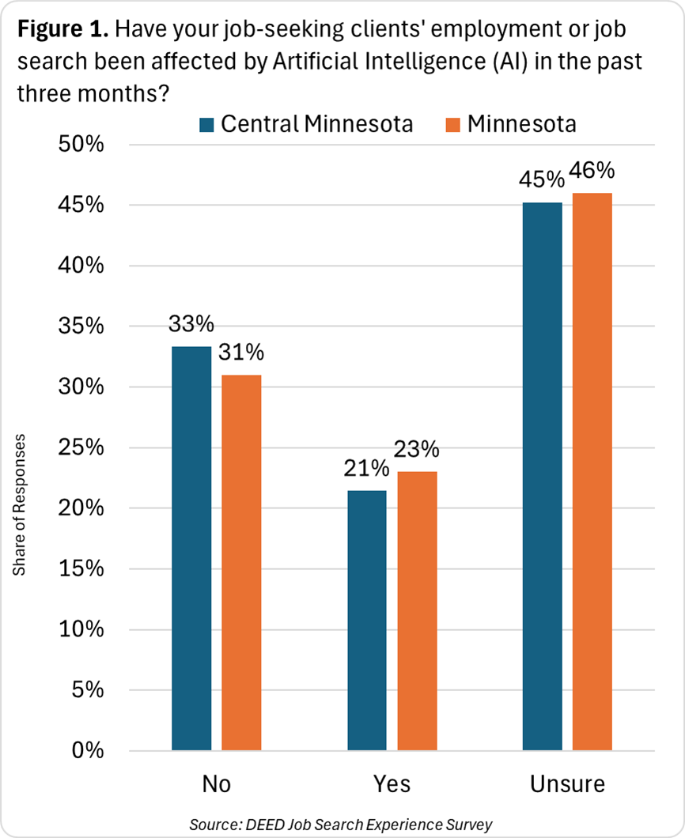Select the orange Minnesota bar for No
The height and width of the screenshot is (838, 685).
click(241, 562)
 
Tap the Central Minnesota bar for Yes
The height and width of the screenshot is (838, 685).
click(367, 620)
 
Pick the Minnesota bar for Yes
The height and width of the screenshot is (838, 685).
click(417, 610)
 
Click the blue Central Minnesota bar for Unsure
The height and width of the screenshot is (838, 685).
click(543, 476)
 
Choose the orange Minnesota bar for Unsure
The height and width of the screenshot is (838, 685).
click(592, 471)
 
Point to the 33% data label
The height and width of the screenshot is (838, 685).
click(191, 325)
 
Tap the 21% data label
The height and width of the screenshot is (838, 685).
click(366, 469)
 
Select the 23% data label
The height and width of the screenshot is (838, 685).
click(417, 450)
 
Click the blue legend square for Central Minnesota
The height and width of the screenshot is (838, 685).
click(206, 125)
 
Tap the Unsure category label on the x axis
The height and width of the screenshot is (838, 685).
click(567, 784)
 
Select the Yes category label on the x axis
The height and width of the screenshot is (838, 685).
click(392, 784)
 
